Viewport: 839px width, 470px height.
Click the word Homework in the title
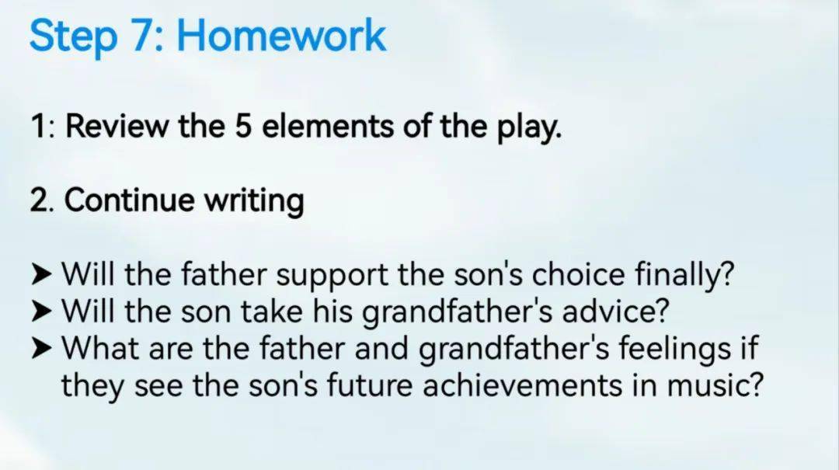[281, 35]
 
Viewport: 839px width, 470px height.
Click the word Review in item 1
[116, 127]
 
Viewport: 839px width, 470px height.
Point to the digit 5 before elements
[243, 127]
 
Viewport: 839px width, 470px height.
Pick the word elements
[328, 127]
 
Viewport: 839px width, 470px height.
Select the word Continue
[130, 200]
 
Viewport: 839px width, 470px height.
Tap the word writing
[254, 202]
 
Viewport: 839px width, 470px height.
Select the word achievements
[522, 385]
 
